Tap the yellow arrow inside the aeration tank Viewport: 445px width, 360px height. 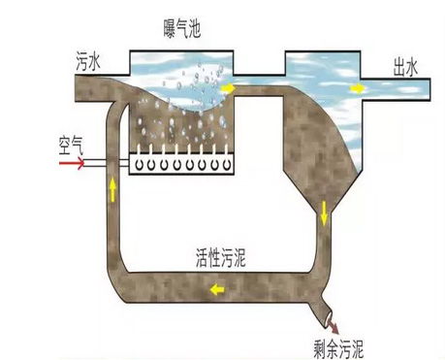pyautogui.click(x=231, y=88)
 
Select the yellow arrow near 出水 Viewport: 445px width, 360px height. pyautogui.click(x=358, y=88)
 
